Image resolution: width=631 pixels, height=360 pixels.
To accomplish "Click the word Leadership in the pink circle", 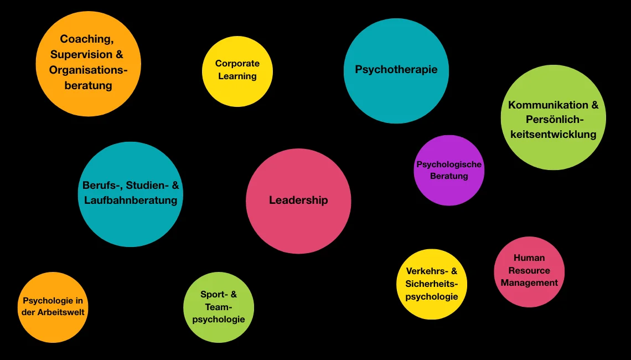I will pos(298,200).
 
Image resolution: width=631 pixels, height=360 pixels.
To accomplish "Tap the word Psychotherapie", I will pos(396,70).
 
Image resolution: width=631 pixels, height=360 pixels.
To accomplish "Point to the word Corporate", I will pos(237,64).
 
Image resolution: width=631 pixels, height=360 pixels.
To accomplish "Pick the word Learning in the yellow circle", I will pos(237,76).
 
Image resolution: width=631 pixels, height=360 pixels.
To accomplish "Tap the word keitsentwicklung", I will pos(554,134).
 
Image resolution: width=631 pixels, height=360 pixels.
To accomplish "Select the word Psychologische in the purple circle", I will pos(449,164).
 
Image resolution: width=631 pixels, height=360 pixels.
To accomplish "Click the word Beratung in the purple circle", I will pos(449,176).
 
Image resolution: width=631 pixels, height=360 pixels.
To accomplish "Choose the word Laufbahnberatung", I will pos(131,200).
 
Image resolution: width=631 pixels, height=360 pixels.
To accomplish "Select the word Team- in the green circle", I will pos(219,307).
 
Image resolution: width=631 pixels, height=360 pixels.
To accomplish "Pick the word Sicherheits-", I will pos(432,284).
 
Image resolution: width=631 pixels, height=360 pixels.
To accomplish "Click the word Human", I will pos(529,258).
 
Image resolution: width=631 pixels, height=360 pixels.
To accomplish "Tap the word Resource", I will pos(529,270).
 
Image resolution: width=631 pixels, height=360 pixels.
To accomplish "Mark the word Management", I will pos(529,282).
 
